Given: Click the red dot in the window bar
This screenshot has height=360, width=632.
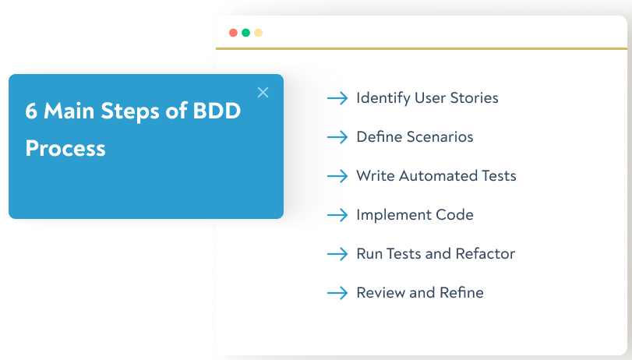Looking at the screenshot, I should click(233, 33).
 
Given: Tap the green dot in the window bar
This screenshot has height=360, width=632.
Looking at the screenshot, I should click(245, 33).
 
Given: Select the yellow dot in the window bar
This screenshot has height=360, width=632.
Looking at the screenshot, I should click(258, 33).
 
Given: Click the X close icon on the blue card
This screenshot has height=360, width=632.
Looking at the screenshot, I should click(263, 93).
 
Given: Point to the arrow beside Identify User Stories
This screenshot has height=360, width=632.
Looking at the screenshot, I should click(337, 98).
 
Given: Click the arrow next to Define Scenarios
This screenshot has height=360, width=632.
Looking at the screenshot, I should click(337, 137).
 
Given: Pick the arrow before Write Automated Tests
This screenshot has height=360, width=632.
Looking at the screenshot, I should click(337, 176).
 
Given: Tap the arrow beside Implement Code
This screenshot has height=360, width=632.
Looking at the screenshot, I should click(337, 215).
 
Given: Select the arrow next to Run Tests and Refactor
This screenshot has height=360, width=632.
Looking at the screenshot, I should click(337, 254).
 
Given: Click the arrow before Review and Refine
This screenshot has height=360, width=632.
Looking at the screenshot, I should click(337, 293).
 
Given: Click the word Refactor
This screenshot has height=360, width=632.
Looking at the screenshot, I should click(485, 254).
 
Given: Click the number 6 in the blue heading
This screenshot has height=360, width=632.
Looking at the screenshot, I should click(31, 111).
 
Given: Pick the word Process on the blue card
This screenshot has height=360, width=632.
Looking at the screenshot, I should click(65, 148).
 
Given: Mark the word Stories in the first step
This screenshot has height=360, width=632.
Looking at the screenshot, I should click(473, 98).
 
